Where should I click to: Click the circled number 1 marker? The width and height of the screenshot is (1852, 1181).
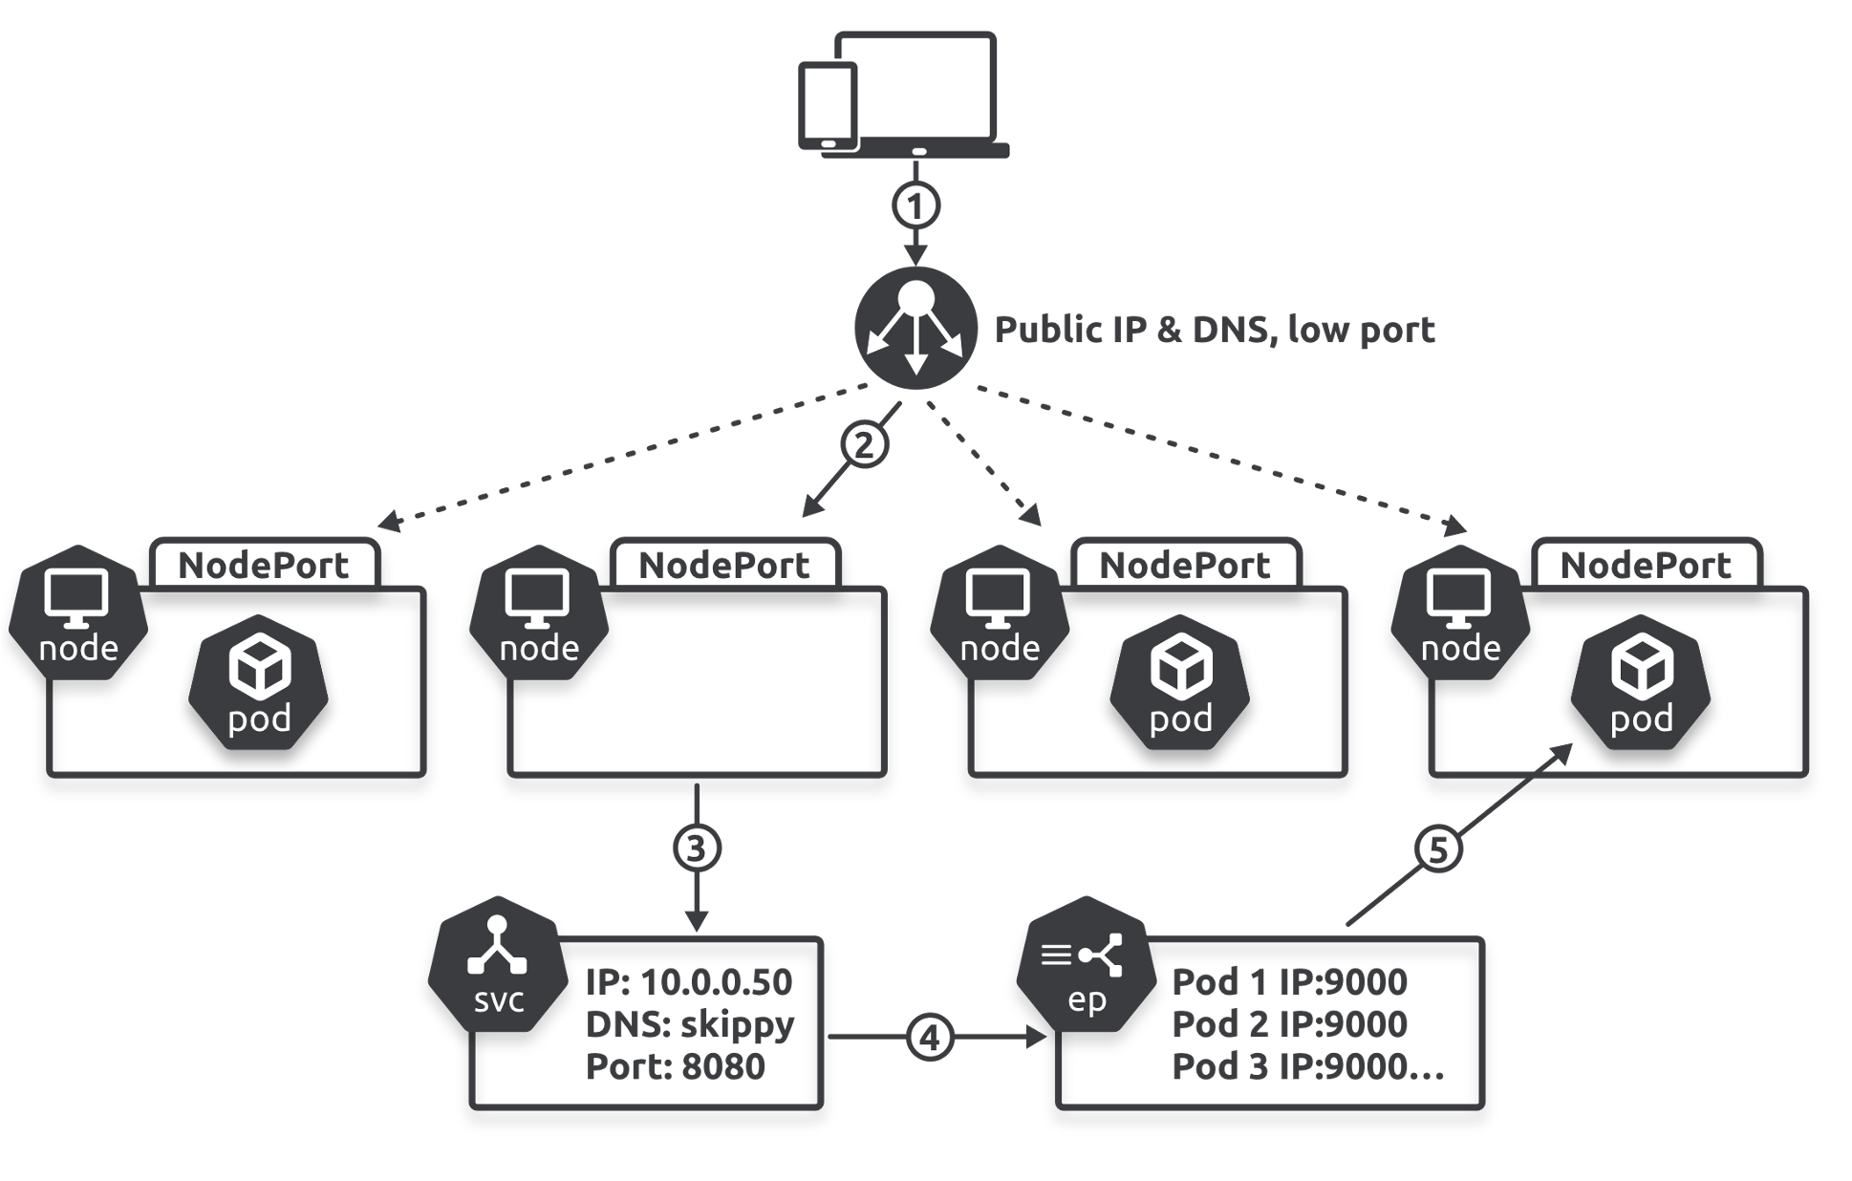(915, 205)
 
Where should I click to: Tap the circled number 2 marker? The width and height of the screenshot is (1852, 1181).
(864, 444)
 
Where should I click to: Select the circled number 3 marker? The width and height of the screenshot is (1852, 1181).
(697, 848)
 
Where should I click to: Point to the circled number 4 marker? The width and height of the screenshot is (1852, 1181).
(930, 1037)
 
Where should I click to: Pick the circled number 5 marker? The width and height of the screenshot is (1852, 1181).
(1438, 848)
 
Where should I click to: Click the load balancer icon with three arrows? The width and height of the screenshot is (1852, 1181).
(915, 328)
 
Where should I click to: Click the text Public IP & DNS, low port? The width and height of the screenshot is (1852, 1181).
(1214, 330)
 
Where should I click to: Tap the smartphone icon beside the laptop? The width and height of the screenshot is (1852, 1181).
(828, 106)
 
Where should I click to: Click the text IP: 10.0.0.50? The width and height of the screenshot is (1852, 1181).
(688, 982)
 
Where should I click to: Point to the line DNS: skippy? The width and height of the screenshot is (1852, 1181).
(689, 1024)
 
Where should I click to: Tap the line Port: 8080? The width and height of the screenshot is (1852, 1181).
(675, 1066)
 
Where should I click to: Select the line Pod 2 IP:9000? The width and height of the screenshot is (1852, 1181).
(1289, 1024)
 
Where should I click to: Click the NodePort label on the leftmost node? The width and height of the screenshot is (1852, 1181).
(264, 565)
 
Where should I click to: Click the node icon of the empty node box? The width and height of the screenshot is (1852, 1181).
(539, 612)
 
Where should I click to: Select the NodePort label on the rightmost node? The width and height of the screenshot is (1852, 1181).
(1646, 565)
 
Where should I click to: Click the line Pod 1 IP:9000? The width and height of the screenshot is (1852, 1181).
(1289, 982)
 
